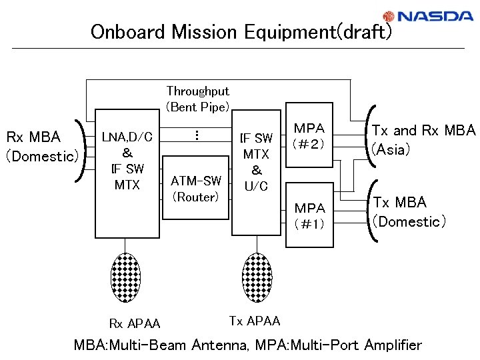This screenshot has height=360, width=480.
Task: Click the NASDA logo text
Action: (x=436, y=17)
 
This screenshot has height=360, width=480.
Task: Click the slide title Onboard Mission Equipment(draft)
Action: (x=241, y=31)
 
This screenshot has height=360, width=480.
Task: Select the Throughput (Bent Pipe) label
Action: (x=197, y=99)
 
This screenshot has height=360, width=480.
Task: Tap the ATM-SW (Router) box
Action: (x=195, y=188)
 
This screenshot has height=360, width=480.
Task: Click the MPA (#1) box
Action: (x=309, y=215)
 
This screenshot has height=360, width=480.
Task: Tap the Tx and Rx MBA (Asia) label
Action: (x=423, y=140)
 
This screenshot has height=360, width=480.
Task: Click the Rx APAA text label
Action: (x=135, y=324)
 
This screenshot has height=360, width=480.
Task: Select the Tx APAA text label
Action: (x=255, y=321)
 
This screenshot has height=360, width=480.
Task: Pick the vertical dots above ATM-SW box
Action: (x=196, y=135)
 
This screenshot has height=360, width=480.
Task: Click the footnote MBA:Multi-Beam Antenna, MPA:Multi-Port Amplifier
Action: (x=247, y=345)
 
